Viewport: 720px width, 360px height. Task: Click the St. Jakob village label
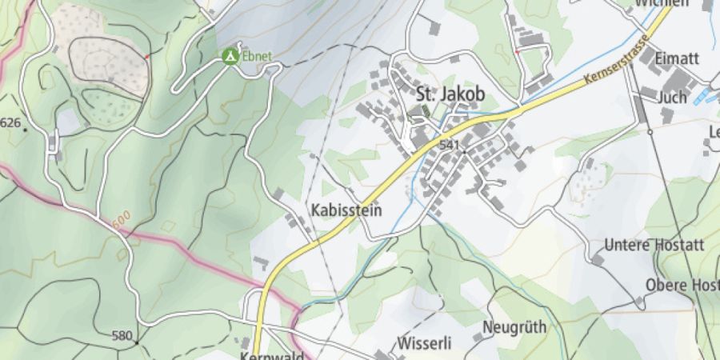click(x=450, y=94)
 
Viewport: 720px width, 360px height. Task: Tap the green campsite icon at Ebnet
click(x=230, y=56)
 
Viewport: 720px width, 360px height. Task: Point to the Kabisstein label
click(x=346, y=210)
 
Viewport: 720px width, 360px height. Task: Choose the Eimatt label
click(x=677, y=59)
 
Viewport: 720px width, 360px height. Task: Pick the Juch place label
click(x=672, y=97)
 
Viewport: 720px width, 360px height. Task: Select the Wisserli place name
click(x=424, y=342)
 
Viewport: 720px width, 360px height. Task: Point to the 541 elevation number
click(x=448, y=146)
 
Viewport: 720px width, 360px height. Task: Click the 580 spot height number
click(x=122, y=334)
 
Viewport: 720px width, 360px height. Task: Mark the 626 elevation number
click(x=10, y=122)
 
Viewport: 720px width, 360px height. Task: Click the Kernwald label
click(x=272, y=354)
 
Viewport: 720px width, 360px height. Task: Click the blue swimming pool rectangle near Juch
click(x=702, y=97)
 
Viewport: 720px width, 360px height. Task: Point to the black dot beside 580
click(x=137, y=342)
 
